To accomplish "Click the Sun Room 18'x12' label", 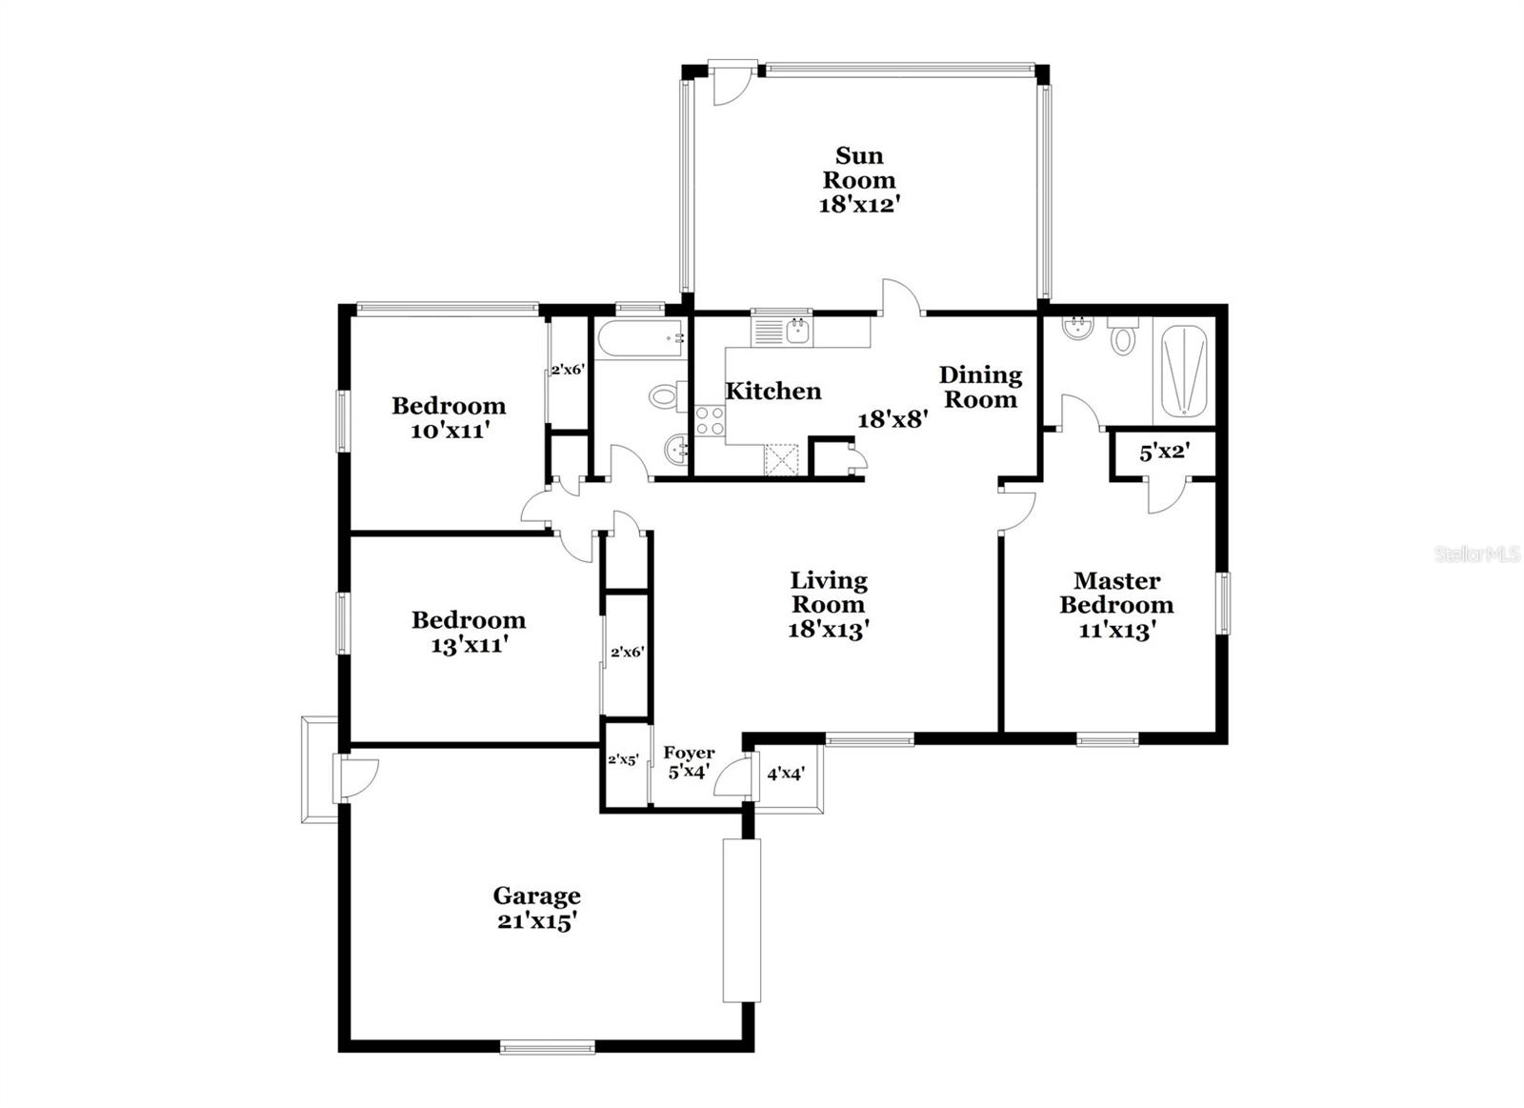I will pyautogui.click(x=859, y=179).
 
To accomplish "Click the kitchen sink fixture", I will pyautogui.click(x=797, y=331).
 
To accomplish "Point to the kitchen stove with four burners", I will pyautogui.click(x=709, y=420).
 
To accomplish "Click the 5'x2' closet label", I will pyautogui.click(x=1164, y=453).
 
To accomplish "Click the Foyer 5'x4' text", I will pyautogui.click(x=689, y=763).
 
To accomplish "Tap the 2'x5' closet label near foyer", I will pyautogui.click(x=623, y=760).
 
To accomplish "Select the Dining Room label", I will pyautogui.click(x=980, y=387).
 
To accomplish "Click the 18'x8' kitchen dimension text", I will pyautogui.click(x=892, y=419).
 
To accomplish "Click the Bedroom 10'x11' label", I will pyautogui.click(x=449, y=417).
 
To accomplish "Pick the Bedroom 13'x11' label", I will pyautogui.click(x=468, y=632).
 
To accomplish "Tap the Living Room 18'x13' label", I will pyautogui.click(x=829, y=604).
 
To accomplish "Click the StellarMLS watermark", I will pyautogui.click(x=1477, y=554).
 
